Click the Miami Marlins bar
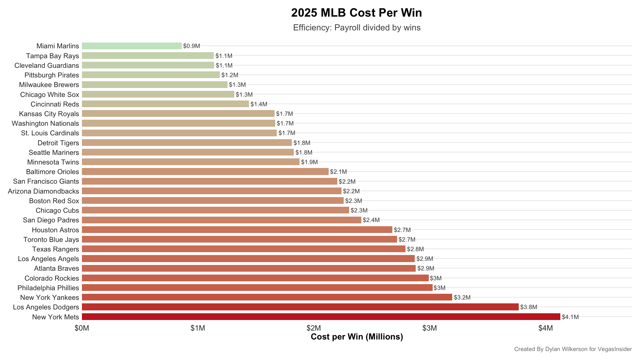pos(132,46)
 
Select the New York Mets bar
pos(321,317)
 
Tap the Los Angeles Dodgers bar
pos(300,307)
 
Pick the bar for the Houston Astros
pos(237,230)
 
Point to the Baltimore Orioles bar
pos(205,172)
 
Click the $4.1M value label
pos(570,317)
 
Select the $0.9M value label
pos(192,46)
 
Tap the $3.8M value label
pos(529,307)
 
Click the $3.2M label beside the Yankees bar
pos(462,298)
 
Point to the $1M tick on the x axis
pos(198,328)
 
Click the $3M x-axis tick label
pos(429,328)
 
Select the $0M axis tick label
pos(82,328)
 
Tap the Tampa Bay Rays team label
pos(52,56)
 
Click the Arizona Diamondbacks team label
pos(44,191)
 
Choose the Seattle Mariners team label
pos(54,153)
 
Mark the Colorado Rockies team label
pos(52,278)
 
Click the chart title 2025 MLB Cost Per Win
pos(356,13)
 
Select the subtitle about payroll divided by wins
pos(356,28)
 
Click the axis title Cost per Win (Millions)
pos(357,337)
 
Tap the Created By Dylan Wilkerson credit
pos(573,349)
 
